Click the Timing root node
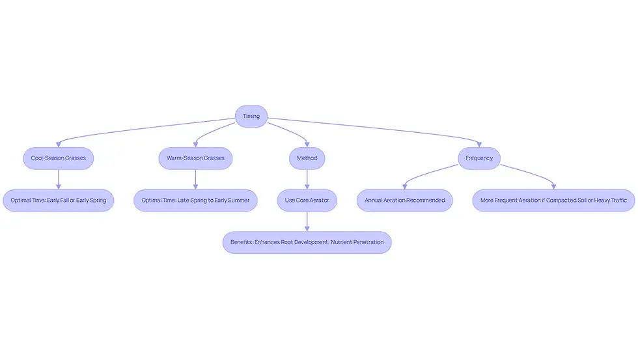point(251,117)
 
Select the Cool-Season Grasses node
point(58,158)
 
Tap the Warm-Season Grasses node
point(195,158)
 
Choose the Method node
point(307,158)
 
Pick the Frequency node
point(479,158)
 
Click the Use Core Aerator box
point(307,200)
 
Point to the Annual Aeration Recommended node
point(404,200)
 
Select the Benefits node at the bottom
point(307,242)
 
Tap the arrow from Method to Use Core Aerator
point(307,180)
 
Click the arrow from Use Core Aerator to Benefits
point(307,222)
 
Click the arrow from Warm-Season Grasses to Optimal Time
point(195,180)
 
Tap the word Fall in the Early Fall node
point(64,200)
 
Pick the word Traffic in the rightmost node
point(618,200)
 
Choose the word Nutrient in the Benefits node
point(341,242)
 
